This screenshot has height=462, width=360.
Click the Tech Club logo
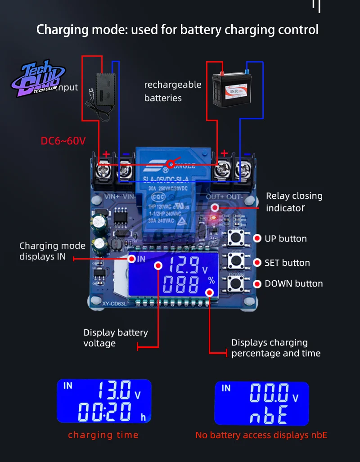[38, 80]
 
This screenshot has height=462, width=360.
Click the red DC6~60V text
[63, 141]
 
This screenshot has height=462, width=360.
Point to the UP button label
[285, 239]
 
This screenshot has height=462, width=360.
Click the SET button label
[287, 263]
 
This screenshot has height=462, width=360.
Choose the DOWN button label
[293, 284]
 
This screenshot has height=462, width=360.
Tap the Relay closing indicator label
[294, 202]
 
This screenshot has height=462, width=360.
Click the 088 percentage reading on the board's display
[181, 285]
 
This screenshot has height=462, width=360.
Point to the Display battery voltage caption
[116, 338]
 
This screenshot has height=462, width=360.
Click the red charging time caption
[103, 435]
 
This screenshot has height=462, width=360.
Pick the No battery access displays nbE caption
[261, 435]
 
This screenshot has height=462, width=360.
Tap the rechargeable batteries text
[172, 91]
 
